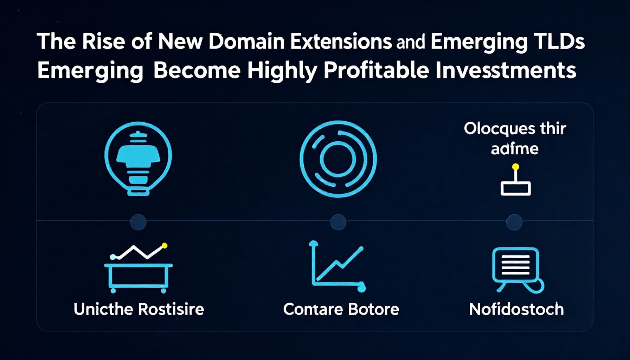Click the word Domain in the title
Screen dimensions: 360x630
point(246,41)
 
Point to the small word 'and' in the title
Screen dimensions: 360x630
point(410,43)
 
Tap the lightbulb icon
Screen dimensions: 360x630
point(138,159)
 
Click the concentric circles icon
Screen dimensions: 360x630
point(338,159)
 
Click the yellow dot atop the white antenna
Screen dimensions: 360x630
point(516,167)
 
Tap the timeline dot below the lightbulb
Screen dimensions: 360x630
point(138,222)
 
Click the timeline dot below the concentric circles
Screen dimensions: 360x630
point(338,222)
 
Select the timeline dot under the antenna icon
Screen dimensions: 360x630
point(514,222)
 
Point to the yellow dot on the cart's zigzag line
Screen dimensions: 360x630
point(164,246)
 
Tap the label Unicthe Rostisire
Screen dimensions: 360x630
point(139,309)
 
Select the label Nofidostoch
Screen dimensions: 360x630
point(516,309)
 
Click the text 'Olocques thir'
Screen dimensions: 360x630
point(515,129)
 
